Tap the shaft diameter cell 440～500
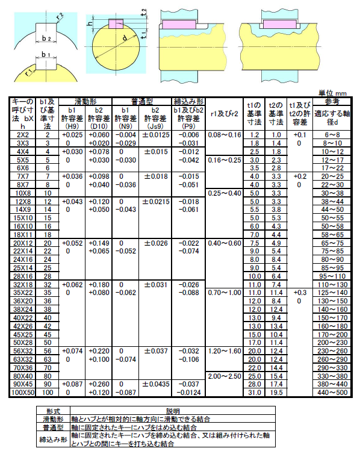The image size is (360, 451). click(332, 392)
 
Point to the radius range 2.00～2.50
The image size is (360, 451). click(223, 376)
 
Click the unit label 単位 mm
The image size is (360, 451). click(332, 93)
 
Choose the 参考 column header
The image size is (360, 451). click(332, 101)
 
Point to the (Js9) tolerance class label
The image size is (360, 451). click(155, 126)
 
